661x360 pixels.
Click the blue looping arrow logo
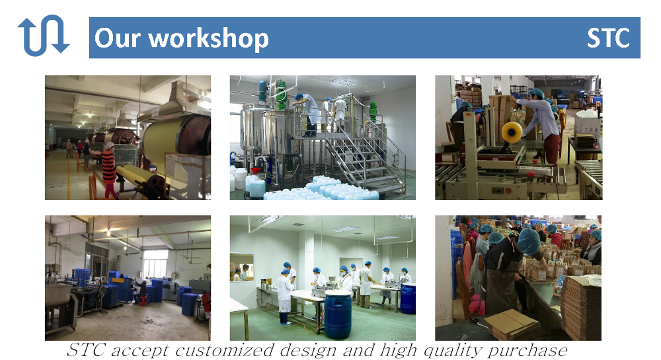[x=44, y=36]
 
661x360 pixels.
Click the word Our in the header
[x=117, y=38]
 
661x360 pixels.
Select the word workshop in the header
[x=209, y=39]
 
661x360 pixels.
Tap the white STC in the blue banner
[x=608, y=38]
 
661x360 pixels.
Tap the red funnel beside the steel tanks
[x=255, y=171]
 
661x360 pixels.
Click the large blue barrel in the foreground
[x=338, y=315]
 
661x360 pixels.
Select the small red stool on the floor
[x=143, y=300]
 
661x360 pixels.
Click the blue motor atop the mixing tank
[x=262, y=91]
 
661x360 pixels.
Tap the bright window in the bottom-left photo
[x=155, y=264]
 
